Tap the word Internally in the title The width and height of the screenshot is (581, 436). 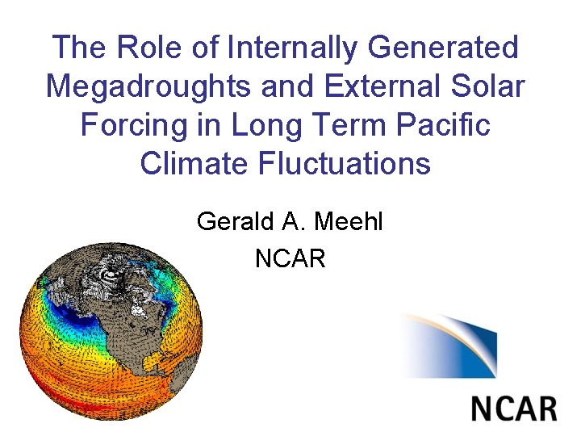click(292, 48)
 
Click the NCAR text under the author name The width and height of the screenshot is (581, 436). click(290, 259)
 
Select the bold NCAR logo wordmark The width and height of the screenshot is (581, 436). click(514, 406)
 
